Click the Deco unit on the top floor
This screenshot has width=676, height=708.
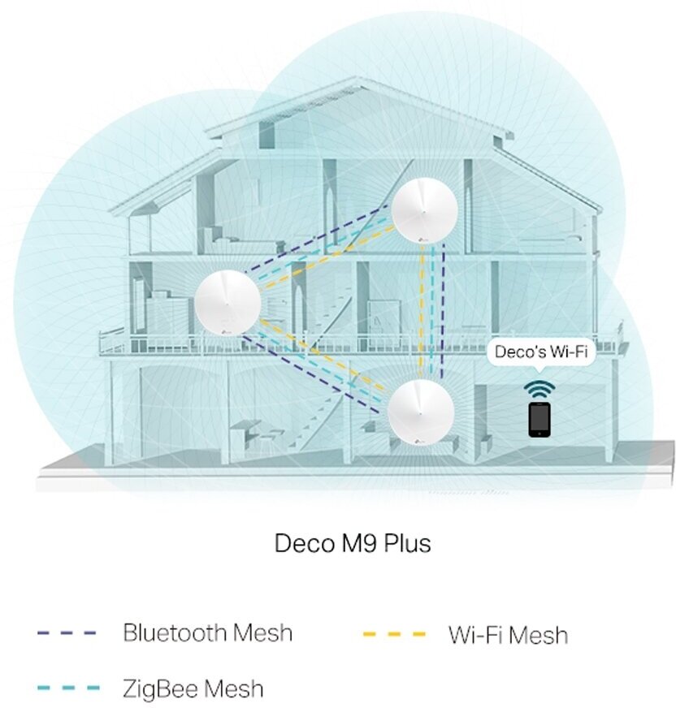pos(422,209)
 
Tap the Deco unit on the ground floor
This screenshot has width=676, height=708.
pos(420,412)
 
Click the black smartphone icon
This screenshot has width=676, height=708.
pos(538,418)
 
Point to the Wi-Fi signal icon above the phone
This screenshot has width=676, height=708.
pos(538,385)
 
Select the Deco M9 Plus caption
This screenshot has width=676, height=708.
pos(353,543)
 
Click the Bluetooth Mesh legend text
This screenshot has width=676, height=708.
pos(207,632)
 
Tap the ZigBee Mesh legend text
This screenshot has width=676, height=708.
pos(193,689)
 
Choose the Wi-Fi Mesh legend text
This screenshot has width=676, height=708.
pos(508,634)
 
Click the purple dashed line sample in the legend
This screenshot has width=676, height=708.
pos(67,632)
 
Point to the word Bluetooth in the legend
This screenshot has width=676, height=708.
pos(173,632)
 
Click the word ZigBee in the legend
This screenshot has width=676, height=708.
pos(158,689)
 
